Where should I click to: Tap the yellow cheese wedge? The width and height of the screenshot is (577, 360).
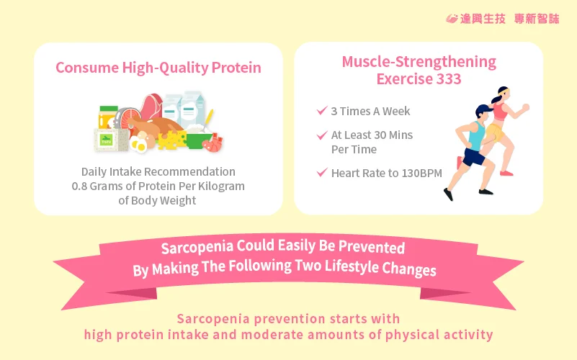(172, 140)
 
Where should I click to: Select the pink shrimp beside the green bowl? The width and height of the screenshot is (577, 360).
(213, 143)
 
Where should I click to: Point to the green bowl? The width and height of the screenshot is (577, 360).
(198, 140)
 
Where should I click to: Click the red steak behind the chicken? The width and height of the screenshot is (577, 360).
(151, 106)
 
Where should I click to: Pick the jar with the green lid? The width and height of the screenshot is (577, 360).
(107, 117)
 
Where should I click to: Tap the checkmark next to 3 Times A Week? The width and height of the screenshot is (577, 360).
(322, 110)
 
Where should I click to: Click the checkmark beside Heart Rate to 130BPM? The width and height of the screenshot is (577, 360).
(322, 172)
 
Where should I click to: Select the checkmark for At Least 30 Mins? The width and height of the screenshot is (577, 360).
(322, 135)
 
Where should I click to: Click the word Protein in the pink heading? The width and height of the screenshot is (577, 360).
(236, 68)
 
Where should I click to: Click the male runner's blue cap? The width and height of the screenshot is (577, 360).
(483, 109)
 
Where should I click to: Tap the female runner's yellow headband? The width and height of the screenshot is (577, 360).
(503, 91)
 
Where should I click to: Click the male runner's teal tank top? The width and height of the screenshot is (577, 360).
(476, 135)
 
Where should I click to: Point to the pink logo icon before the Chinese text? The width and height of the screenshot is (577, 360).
(452, 19)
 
